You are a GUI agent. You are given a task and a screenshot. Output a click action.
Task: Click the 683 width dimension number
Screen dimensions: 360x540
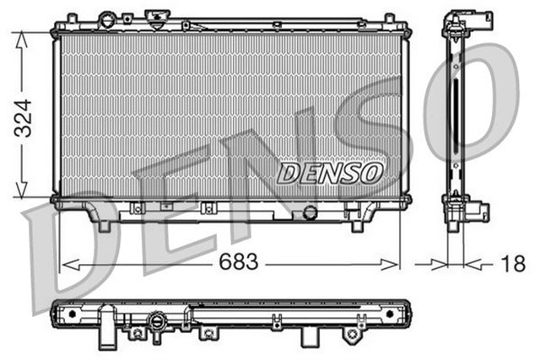(239, 264)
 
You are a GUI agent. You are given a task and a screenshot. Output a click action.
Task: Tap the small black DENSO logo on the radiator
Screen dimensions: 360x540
(330, 173)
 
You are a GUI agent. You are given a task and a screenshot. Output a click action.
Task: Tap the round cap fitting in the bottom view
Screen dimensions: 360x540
(156, 321)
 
